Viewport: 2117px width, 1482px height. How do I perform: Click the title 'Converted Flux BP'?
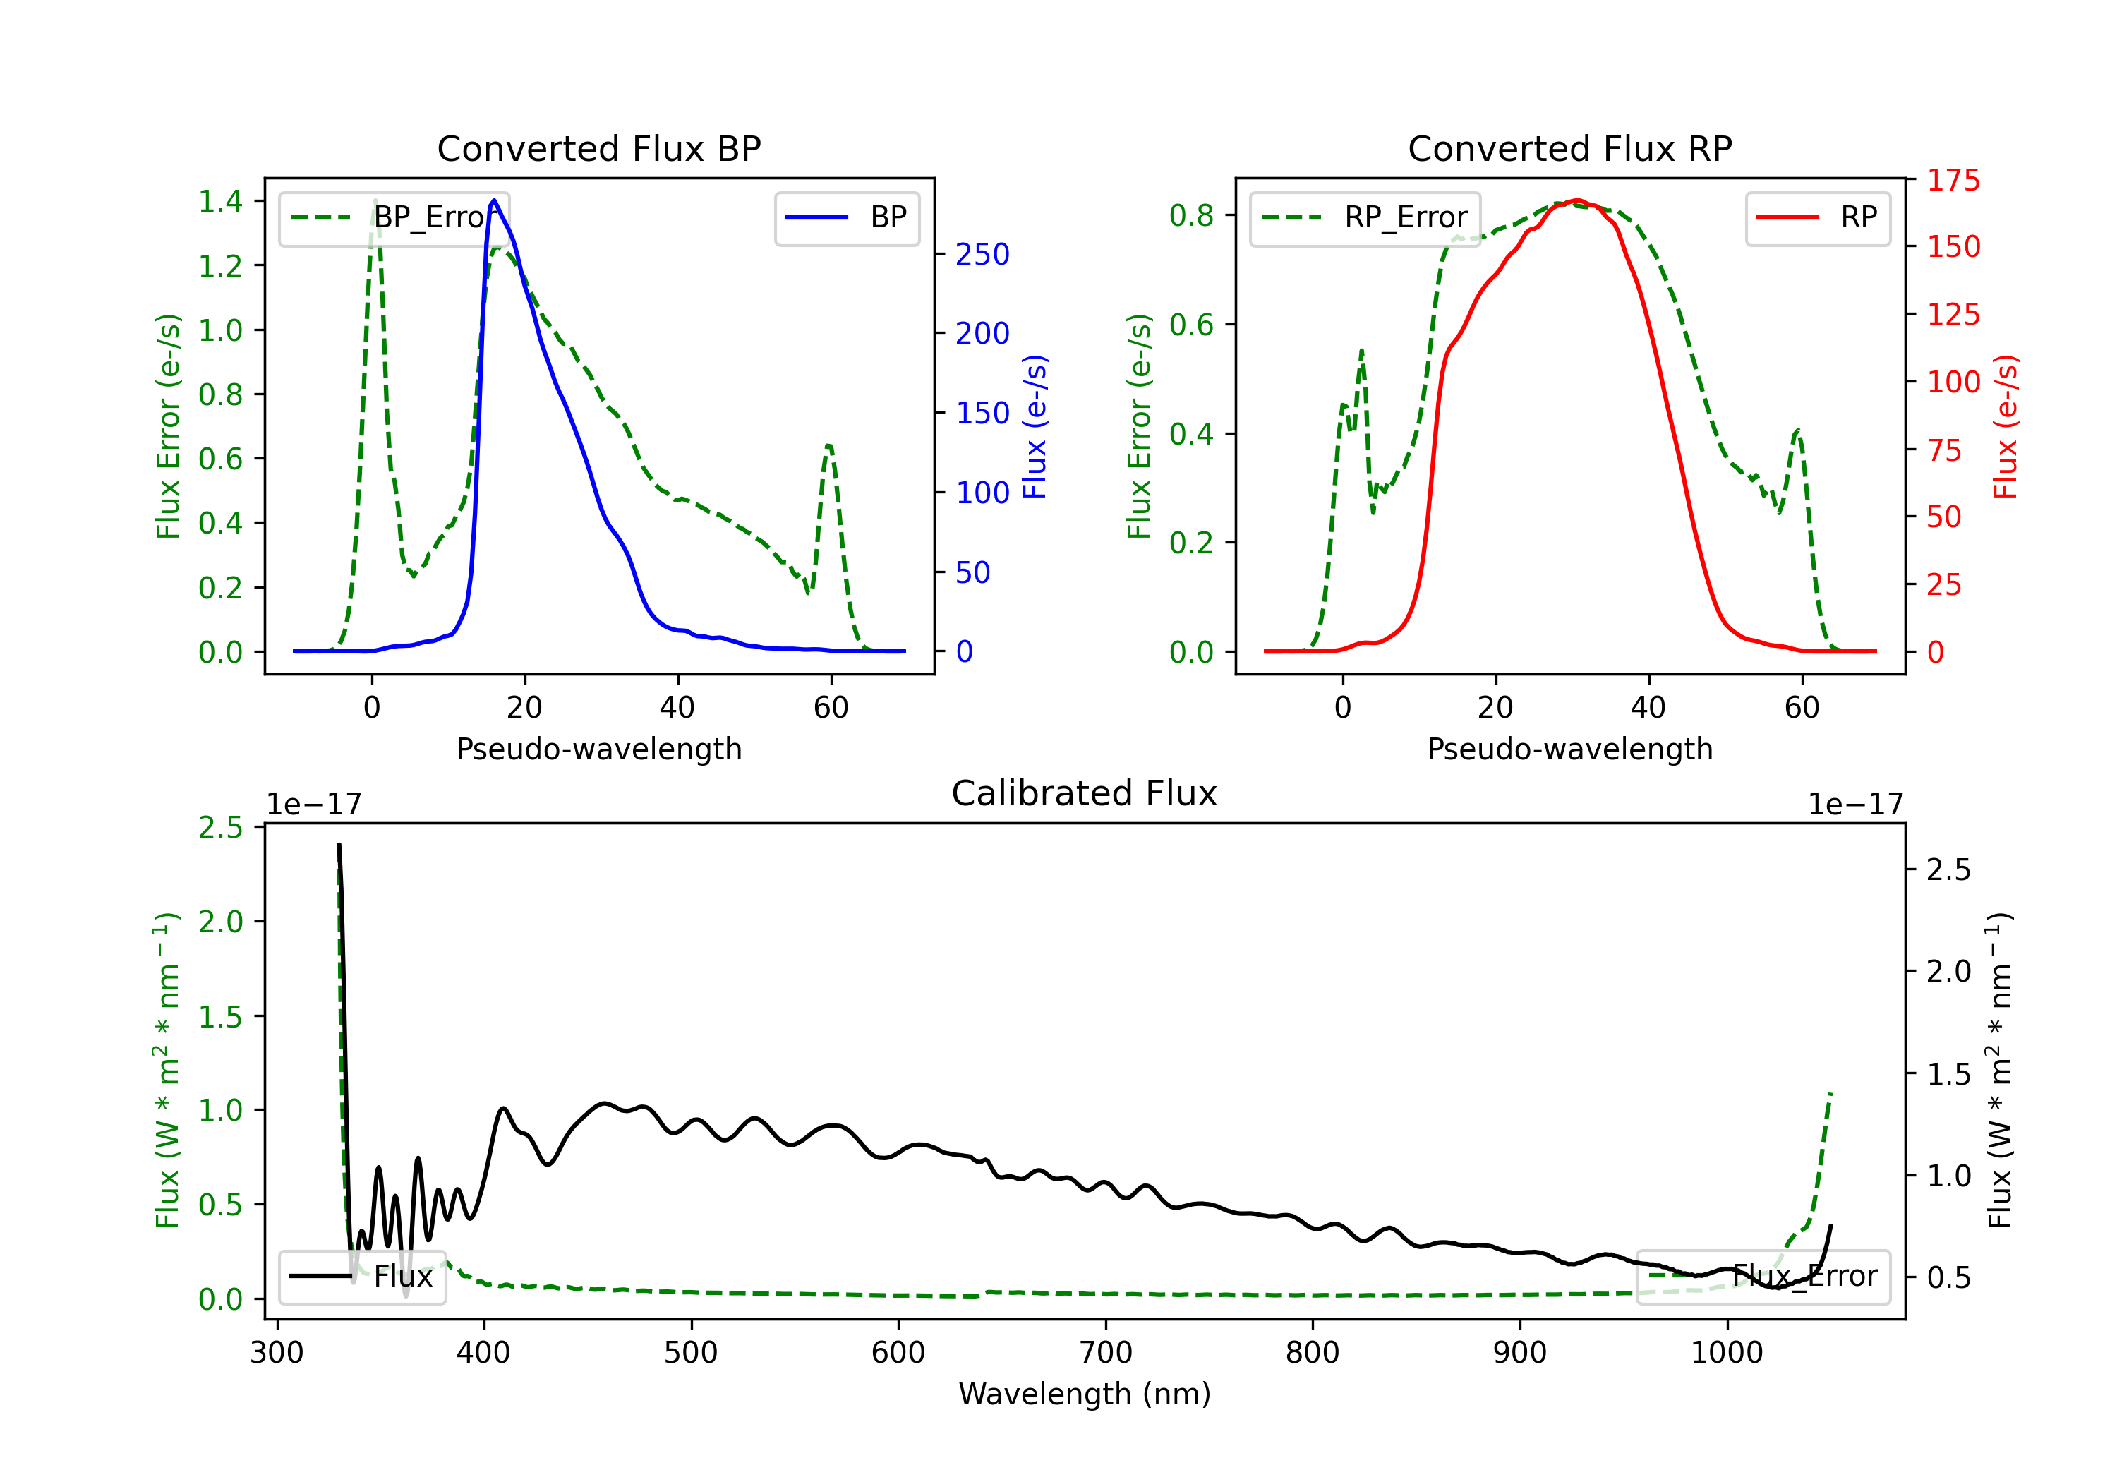[x=598, y=148]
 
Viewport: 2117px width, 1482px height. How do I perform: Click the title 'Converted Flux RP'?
[x=1569, y=148]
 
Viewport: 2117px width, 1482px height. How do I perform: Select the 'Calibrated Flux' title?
[x=1085, y=793]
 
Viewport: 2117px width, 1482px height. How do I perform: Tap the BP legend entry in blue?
[x=846, y=217]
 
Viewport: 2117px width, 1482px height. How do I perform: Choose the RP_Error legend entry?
[x=1365, y=217]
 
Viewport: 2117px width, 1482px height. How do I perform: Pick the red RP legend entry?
[x=1817, y=217]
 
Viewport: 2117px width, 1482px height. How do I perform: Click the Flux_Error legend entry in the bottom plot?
[x=1763, y=1277]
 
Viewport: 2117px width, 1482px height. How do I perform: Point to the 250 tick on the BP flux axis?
[x=982, y=255]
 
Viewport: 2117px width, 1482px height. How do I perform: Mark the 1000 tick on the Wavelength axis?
[x=1726, y=1353]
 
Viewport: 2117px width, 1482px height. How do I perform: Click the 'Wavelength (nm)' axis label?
[x=1085, y=1394]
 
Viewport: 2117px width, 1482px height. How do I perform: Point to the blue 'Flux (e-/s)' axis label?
[x=1035, y=427]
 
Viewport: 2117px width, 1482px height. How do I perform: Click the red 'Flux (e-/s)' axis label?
[x=2006, y=427]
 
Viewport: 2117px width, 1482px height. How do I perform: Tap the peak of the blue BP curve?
[x=494, y=200]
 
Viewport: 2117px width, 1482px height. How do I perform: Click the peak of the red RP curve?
[x=1578, y=200]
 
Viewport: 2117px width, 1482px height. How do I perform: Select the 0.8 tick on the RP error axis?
[x=1191, y=215]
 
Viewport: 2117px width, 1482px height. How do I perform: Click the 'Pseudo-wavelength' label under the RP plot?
[x=1569, y=749]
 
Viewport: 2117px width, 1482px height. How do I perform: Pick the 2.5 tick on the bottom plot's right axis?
[x=1948, y=869]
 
